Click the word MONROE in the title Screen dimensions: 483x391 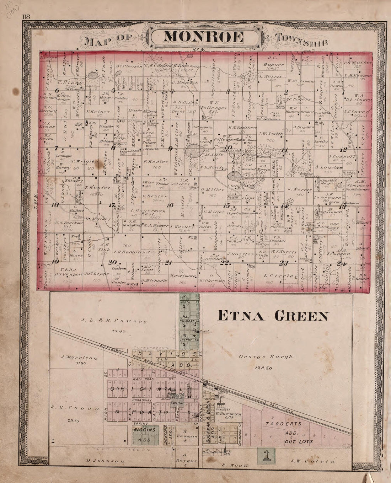point(204,37)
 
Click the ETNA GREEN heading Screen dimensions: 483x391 point(273,315)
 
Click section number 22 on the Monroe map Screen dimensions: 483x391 point(226,263)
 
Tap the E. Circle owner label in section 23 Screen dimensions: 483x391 point(275,276)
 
